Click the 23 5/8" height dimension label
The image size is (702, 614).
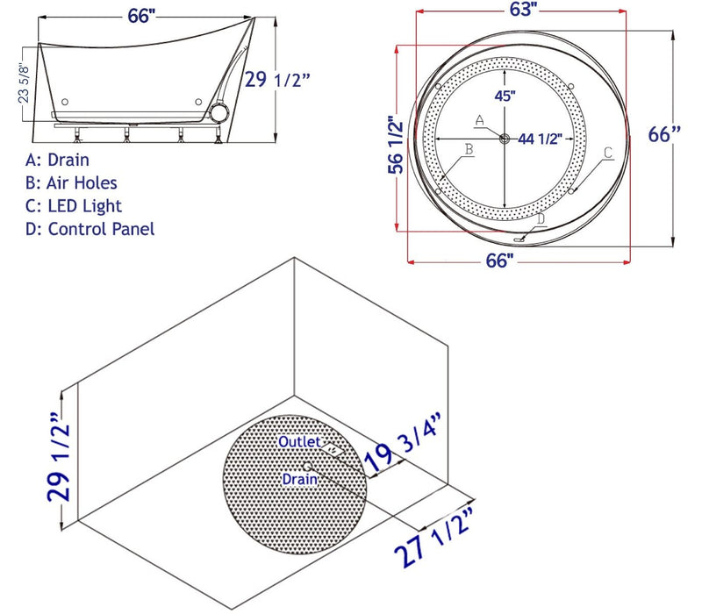pyautogui.click(x=25, y=82)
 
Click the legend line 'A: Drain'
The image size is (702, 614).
pyautogui.click(x=58, y=161)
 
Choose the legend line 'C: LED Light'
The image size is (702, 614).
pyautogui.click(x=75, y=206)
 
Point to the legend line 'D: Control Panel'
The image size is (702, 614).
pyautogui.click(x=90, y=229)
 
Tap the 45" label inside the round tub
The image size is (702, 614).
pyautogui.click(x=504, y=97)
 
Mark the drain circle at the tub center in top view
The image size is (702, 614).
pyautogui.click(x=505, y=139)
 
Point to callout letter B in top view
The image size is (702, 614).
pyautogui.click(x=469, y=151)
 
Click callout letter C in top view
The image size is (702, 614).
pyautogui.click(x=607, y=153)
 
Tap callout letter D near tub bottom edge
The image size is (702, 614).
pyautogui.click(x=541, y=218)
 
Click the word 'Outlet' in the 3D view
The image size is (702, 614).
pyautogui.click(x=299, y=442)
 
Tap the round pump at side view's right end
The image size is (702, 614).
pyautogui.click(x=218, y=112)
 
